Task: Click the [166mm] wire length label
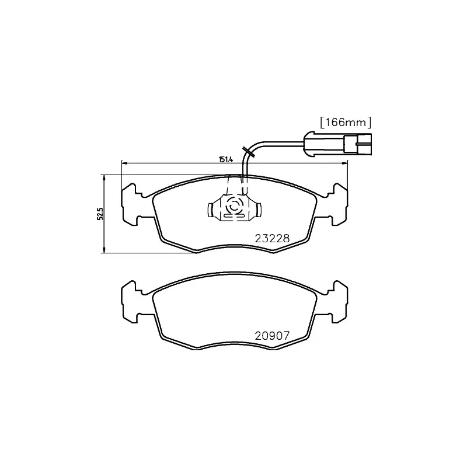(x=346, y=122)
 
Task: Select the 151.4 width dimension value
(x=226, y=159)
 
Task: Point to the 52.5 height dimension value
(x=99, y=214)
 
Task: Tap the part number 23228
(x=272, y=238)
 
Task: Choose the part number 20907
(x=272, y=336)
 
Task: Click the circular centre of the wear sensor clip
(x=233, y=207)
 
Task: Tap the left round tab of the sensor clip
(x=211, y=208)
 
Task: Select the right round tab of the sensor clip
(x=257, y=208)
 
